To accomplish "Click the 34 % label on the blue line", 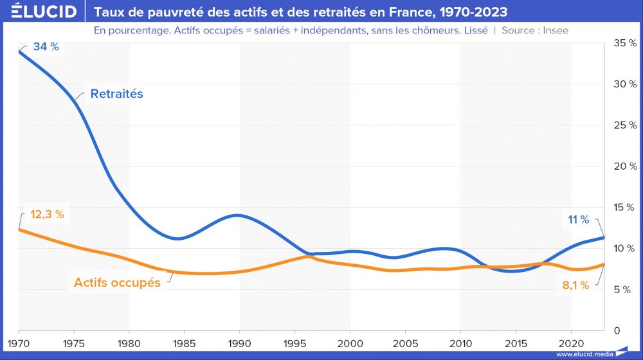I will click(x=45, y=47).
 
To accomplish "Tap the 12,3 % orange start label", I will click(x=47, y=215).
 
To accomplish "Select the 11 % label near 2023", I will click(x=578, y=220).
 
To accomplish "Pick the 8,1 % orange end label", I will click(x=575, y=285).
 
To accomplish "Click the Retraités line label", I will click(x=116, y=94).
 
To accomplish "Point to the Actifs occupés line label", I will click(x=117, y=282).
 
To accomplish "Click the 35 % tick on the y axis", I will click(x=624, y=43).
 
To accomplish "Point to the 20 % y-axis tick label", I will click(x=624, y=166).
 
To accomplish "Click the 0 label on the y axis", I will click(x=617, y=330).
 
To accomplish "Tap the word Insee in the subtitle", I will click(x=554, y=30).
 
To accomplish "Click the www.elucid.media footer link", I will click(x=584, y=354).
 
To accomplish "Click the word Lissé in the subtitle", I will click(x=475, y=30).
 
